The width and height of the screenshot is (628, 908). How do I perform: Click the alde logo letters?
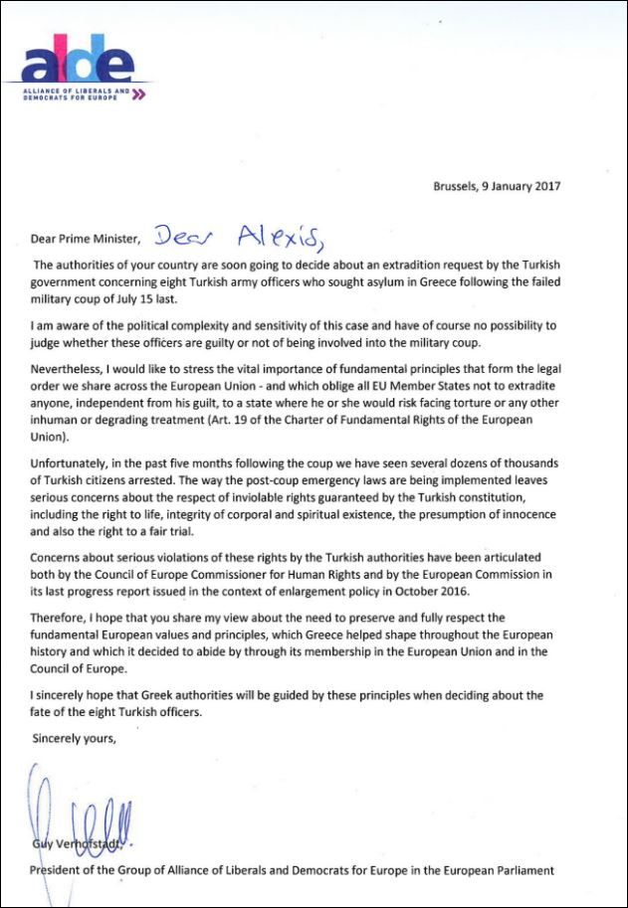[x=78, y=64]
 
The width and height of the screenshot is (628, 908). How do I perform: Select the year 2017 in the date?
[x=558, y=186]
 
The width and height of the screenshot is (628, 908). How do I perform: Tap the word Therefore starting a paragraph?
[x=60, y=602]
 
